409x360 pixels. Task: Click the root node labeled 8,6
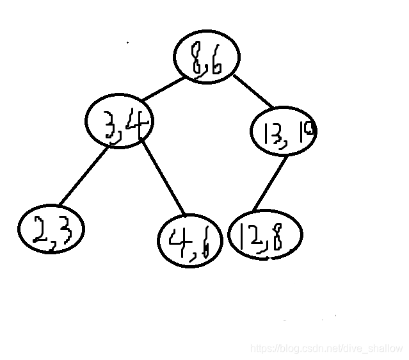click(206, 57)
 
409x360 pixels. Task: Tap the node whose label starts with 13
click(283, 131)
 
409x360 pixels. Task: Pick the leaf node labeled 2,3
click(51, 229)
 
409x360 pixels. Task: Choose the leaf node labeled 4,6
click(189, 240)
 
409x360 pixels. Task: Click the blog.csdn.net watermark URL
click(326, 348)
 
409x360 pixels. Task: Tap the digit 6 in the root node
click(215, 65)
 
